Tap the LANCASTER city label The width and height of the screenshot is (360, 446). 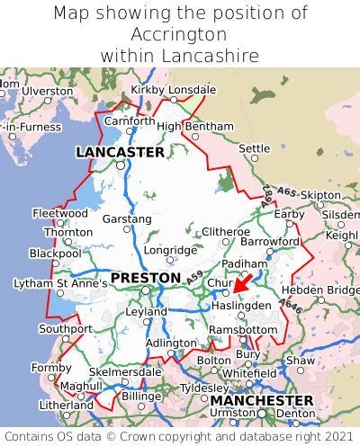(120, 152)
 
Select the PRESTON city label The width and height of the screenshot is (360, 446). (145, 278)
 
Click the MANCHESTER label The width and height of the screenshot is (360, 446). (262, 400)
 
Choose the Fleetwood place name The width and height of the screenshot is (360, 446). (60, 214)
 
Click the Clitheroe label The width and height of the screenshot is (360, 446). (225, 232)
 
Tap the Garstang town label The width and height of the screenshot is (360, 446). (127, 219)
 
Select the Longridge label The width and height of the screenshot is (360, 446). (171, 250)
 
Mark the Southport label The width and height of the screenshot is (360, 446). (65, 328)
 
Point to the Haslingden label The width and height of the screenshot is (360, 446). (241, 306)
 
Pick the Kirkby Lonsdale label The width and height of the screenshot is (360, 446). (174, 90)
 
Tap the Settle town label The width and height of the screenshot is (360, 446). (255, 147)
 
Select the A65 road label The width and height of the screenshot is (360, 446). (287, 192)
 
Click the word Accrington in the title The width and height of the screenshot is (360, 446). (180, 34)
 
